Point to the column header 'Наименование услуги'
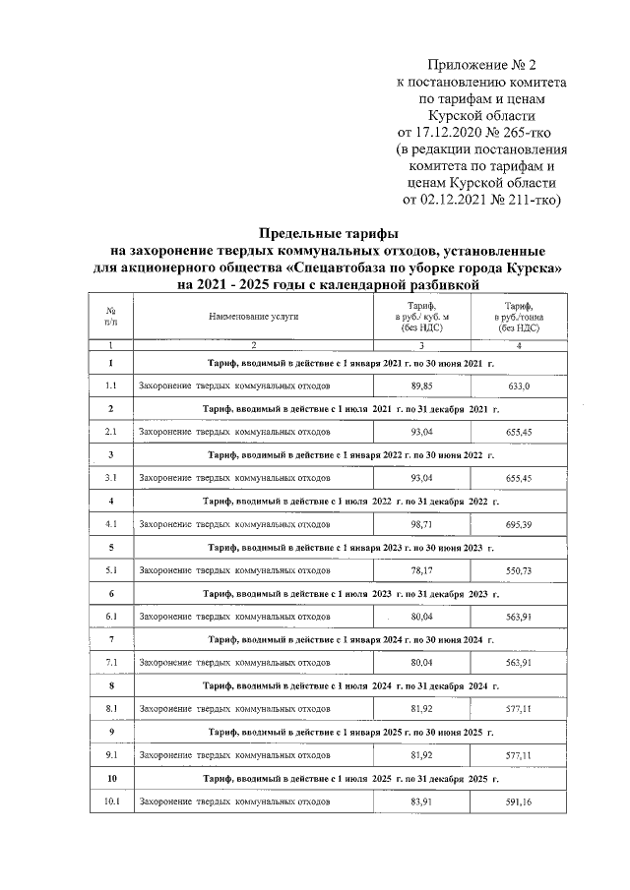(253, 317)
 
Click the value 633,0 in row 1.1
(519, 386)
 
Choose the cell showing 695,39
(519, 525)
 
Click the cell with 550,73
(519, 571)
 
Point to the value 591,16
(519, 802)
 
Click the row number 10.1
(111, 802)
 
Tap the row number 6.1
(111, 618)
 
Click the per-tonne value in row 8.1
(519, 710)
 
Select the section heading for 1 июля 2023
(350, 594)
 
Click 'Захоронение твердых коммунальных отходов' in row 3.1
(234, 479)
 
